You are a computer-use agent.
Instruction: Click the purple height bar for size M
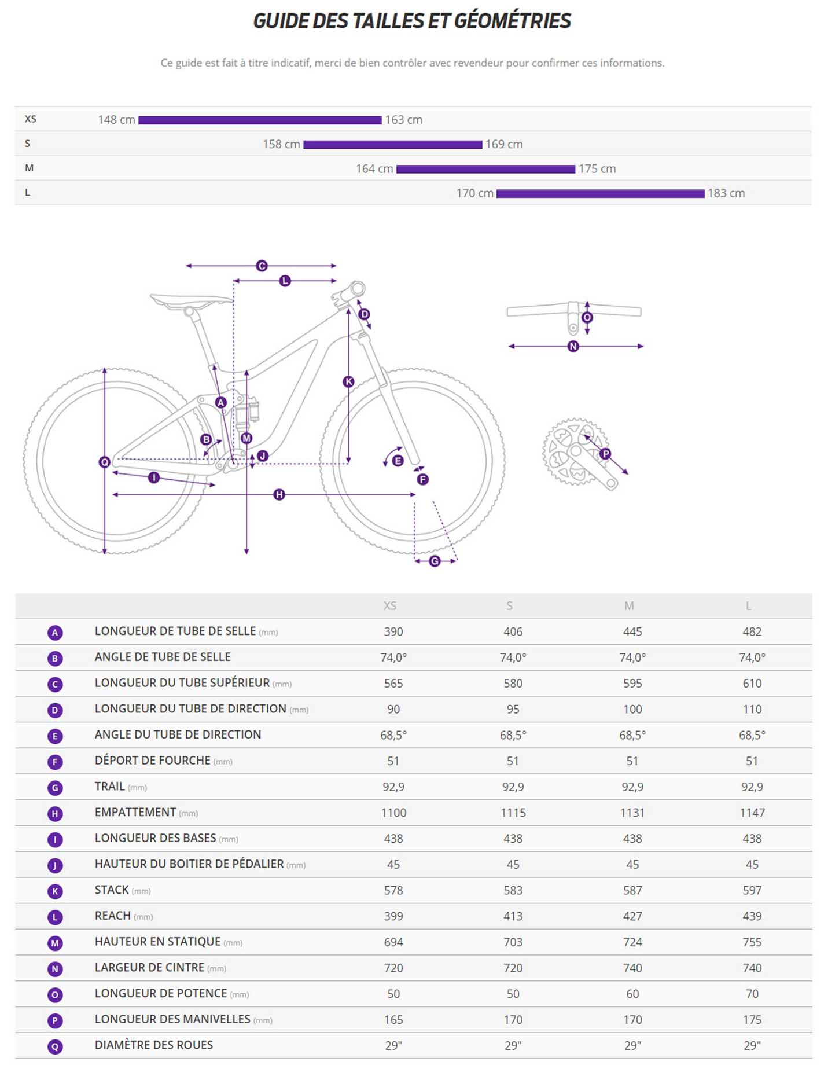click(x=485, y=169)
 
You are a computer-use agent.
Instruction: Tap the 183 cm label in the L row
click(x=726, y=193)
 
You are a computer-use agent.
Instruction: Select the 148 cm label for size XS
click(x=116, y=120)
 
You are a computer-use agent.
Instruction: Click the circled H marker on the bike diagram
click(x=279, y=495)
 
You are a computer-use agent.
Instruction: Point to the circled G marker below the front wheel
click(x=435, y=561)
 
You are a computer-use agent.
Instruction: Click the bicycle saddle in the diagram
click(x=191, y=300)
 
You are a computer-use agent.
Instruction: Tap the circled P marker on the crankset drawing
click(x=605, y=454)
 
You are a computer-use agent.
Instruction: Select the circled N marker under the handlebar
click(x=573, y=347)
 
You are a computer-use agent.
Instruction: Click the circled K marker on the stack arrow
click(x=348, y=382)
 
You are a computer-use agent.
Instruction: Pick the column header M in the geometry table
click(x=629, y=606)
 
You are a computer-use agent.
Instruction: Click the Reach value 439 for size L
click(x=752, y=916)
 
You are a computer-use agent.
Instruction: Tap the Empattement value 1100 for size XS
click(x=393, y=813)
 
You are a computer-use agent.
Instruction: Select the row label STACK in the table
click(x=112, y=890)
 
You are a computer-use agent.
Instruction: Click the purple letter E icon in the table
click(x=55, y=736)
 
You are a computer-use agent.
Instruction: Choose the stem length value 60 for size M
click(x=632, y=994)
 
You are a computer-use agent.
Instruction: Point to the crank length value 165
click(x=393, y=1020)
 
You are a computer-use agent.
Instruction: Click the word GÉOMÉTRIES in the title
click(x=512, y=21)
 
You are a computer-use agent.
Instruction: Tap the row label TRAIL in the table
click(x=109, y=787)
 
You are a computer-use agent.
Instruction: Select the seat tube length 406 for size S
click(x=513, y=632)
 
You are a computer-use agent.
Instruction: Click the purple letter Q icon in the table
click(x=55, y=1046)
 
